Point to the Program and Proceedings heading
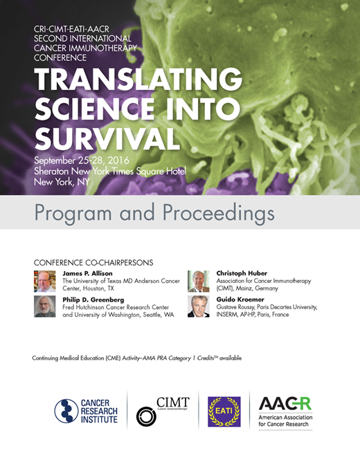point(154,212)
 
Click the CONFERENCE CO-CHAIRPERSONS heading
point(93,263)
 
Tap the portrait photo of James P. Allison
point(44,280)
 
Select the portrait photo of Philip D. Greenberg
point(44,306)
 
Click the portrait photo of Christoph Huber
point(198,280)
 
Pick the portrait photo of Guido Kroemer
point(198,306)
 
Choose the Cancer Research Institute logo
point(87,411)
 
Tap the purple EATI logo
point(224,411)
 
